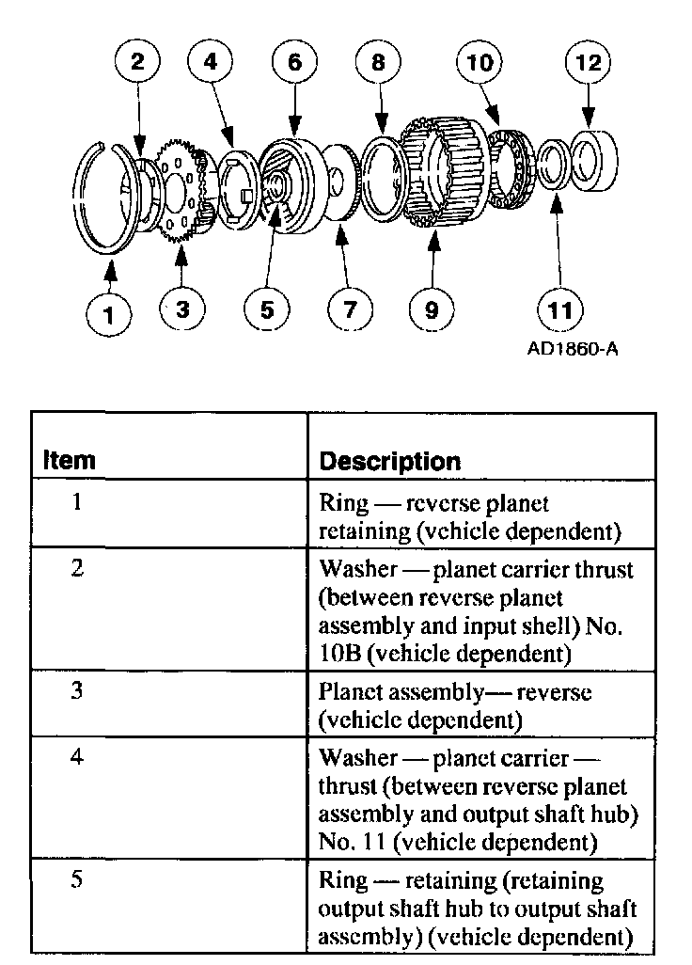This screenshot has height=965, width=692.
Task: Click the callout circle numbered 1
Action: (110, 313)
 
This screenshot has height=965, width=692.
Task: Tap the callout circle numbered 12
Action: (588, 63)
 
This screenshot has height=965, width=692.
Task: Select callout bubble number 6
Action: (294, 63)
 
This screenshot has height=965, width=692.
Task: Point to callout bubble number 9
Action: (432, 308)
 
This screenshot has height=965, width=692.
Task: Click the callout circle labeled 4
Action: (210, 63)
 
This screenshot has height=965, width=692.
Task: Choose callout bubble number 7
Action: (350, 308)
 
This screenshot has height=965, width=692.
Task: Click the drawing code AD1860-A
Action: (574, 349)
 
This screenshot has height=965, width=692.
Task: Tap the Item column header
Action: (70, 461)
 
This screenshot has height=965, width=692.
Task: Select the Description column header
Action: (390, 461)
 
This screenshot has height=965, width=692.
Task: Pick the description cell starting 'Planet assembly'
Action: (456, 705)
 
